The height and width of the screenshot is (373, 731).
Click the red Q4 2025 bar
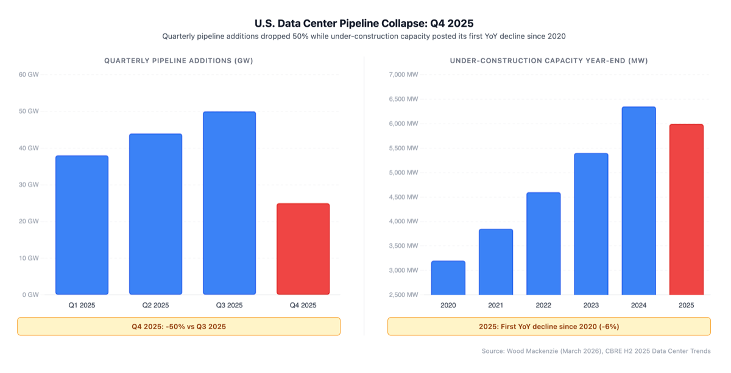click(303, 249)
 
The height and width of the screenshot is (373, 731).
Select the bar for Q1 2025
click(82, 225)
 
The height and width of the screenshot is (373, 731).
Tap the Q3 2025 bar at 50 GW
click(229, 203)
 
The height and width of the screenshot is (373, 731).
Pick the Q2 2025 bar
click(155, 214)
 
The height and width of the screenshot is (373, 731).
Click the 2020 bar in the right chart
click(448, 278)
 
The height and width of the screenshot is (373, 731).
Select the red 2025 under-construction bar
click(686, 210)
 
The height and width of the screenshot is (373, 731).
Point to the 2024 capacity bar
click(638, 201)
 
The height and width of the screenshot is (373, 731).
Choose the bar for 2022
click(543, 243)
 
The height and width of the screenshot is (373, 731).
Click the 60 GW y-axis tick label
click(29, 75)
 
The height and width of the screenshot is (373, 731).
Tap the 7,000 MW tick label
click(403, 75)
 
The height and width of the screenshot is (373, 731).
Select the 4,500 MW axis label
click(403, 197)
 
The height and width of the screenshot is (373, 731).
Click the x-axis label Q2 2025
click(155, 305)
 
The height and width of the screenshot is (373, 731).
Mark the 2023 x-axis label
click(591, 305)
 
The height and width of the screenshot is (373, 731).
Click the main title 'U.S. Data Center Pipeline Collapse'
click(364, 24)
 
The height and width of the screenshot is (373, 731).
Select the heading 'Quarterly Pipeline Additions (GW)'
click(178, 61)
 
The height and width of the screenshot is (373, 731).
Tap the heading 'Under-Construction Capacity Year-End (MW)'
click(548, 61)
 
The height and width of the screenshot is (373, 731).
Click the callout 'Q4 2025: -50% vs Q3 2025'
click(178, 327)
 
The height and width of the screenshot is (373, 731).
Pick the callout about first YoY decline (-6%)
click(548, 327)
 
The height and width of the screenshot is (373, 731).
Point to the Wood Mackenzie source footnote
click(595, 351)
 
